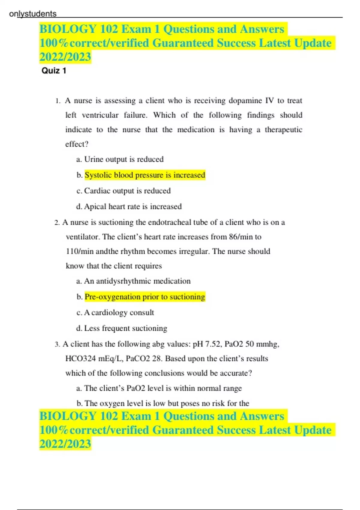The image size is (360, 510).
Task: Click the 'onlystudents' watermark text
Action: (33, 14)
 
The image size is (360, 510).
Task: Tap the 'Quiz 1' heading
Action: (54, 71)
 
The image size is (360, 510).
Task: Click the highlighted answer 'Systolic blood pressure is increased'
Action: (145, 175)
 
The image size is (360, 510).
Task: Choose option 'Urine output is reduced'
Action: (124, 159)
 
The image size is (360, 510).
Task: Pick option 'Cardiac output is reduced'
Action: (127, 191)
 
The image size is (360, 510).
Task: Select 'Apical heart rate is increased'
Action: (133, 207)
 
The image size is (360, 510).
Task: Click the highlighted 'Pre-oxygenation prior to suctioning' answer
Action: (145, 297)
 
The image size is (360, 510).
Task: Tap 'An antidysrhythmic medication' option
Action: (137, 281)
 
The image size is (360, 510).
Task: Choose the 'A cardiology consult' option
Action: (119, 313)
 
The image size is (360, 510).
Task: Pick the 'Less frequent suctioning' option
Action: (125, 328)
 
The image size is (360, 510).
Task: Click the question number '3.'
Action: (57, 344)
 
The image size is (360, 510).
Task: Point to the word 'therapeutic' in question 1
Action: (283, 130)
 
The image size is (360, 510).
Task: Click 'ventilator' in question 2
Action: (82, 237)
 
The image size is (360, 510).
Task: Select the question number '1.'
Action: (58, 101)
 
